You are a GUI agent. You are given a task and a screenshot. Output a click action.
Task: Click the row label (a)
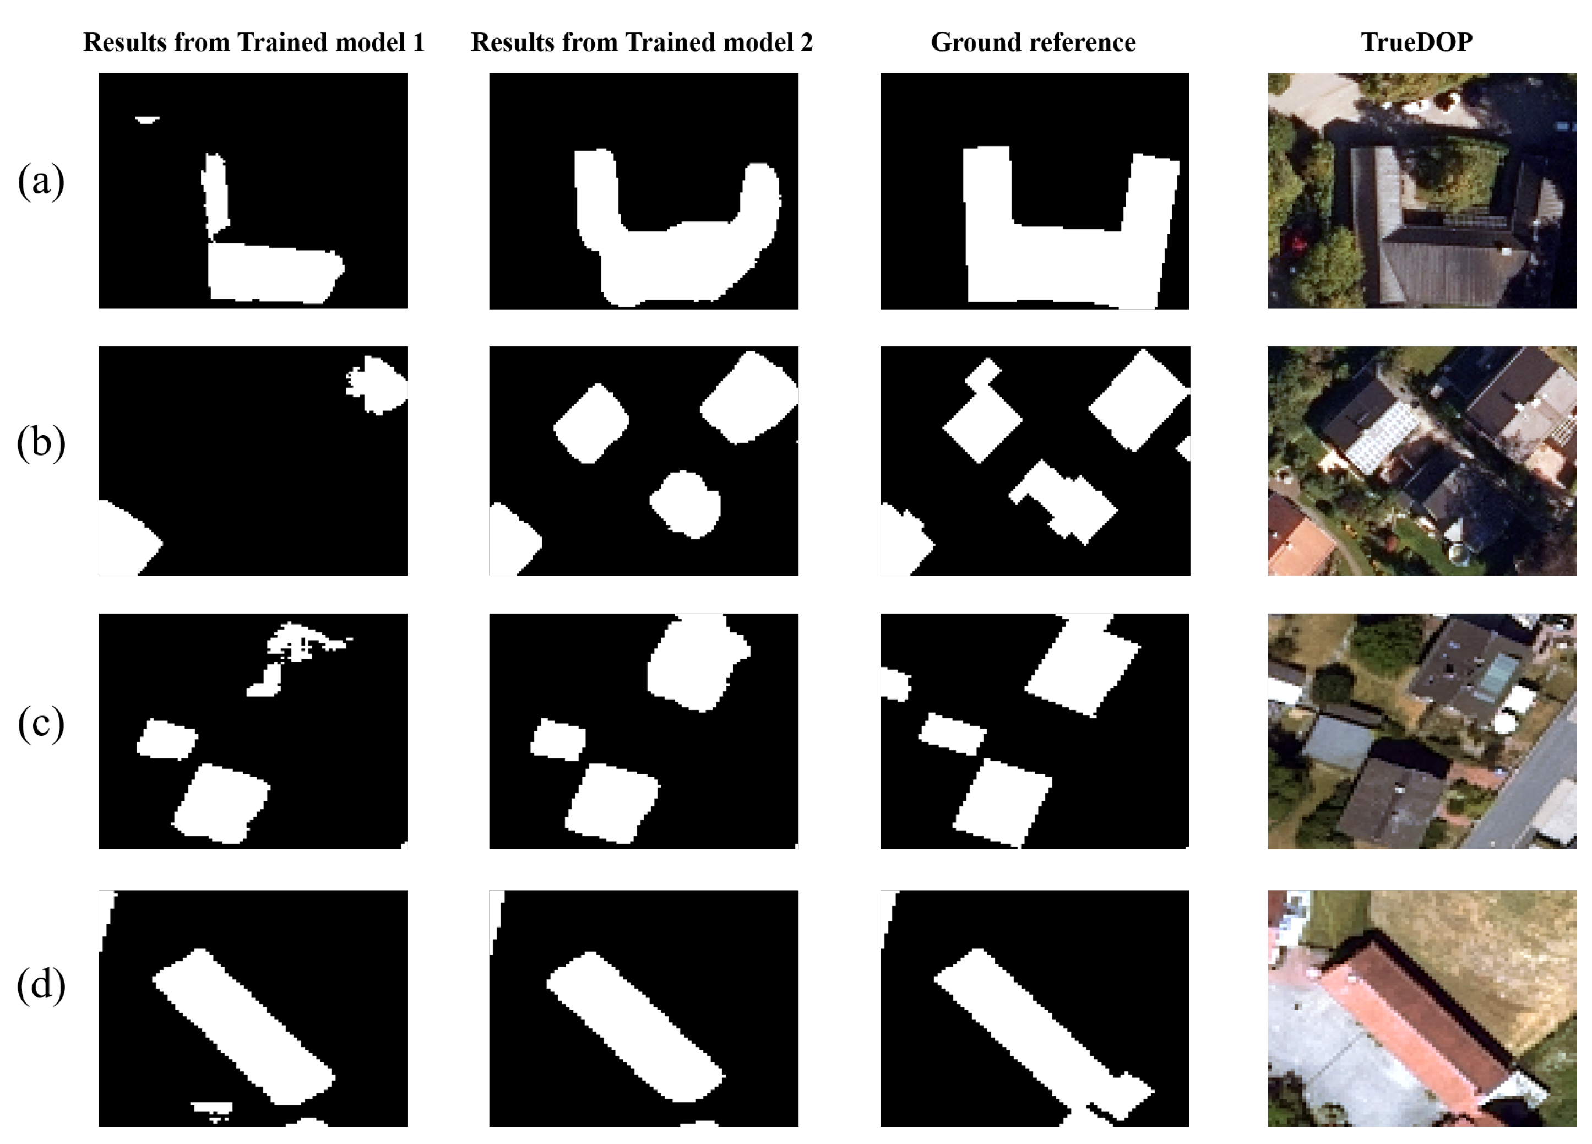pos(41,181)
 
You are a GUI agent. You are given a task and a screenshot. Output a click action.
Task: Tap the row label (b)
pos(41,443)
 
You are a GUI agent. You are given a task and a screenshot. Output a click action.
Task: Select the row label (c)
pos(41,723)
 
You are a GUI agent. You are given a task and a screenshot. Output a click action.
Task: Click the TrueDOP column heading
pos(1416,42)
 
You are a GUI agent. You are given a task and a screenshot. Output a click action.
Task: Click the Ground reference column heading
pos(1033,42)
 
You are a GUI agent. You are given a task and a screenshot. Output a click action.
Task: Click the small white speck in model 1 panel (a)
pos(146,120)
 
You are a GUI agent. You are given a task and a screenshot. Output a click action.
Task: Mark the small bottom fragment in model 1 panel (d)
pos(212,1108)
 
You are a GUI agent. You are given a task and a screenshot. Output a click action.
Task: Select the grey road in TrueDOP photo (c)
pos(1530,787)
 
